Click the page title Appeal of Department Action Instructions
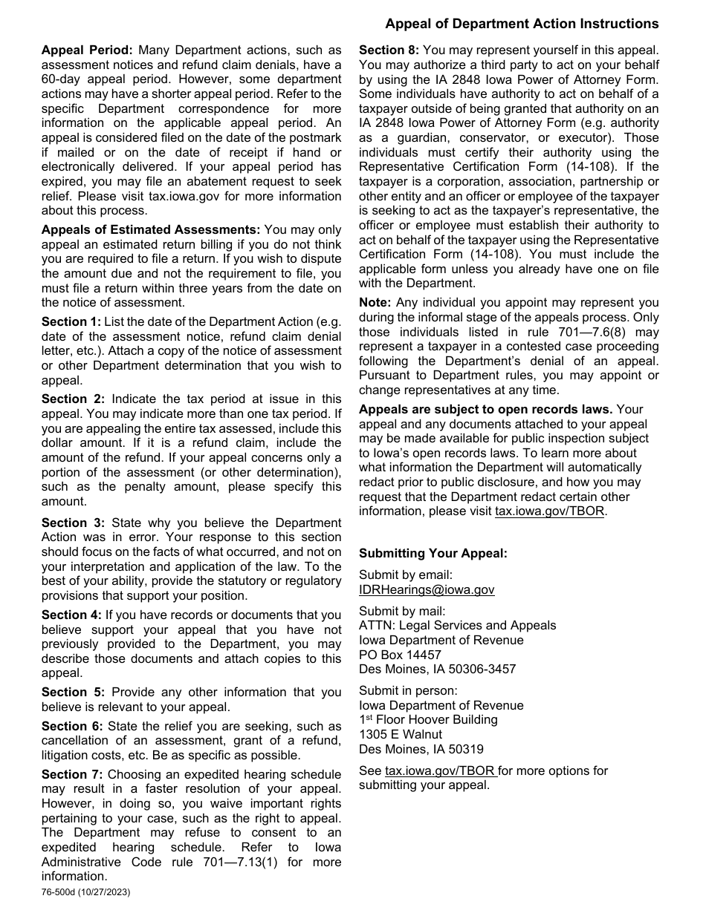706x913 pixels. (x=522, y=24)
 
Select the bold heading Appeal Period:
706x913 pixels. (x=87, y=50)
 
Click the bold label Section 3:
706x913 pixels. (x=73, y=523)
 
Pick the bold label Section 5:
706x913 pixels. (x=73, y=692)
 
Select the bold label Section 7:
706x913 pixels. (x=72, y=774)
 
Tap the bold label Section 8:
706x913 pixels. (x=389, y=50)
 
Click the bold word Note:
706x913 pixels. (x=375, y=302)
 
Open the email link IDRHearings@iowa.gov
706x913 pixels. (x=427, y=589)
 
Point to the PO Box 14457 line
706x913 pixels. (x=400, y=655)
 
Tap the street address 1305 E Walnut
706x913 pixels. (x=401, y=735)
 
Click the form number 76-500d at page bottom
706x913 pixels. (x=65, y=893)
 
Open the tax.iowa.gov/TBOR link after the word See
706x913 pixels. (x=440, y=770)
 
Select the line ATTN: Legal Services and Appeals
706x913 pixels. (x=457, y=625)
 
